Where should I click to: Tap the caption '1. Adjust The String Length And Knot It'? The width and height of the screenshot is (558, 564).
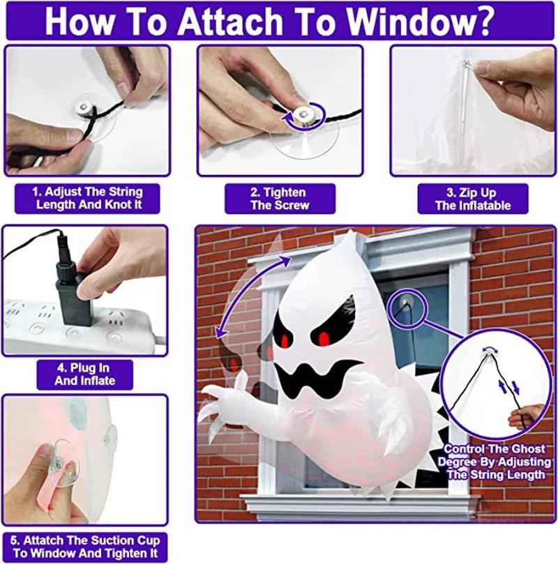(88, 199)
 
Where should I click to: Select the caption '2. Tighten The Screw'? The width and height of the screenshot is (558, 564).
(279, 199)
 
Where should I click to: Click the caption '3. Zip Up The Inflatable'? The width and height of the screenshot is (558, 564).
(472, 199)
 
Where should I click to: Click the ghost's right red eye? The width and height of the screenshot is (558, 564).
(324, 340)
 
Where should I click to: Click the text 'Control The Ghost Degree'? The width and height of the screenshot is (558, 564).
(493, 455)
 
